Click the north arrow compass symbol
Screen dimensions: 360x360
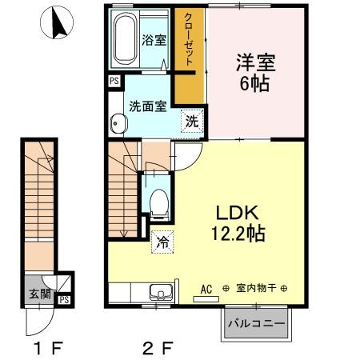pyautogui.click(x=56, y=25)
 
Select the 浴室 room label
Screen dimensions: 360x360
pyautogui.click(x=154, y=38)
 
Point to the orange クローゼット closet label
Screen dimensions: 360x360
pyautogui.click(x=187, y=34)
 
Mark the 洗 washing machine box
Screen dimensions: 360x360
pyautogui.click(x=192, y=122)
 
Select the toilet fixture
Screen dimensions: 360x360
pyautogui.click(x=158, y=201)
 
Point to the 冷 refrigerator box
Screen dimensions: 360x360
pyautogui.click(x=162, y=238)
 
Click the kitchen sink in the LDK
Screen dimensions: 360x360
pyautogui.click(x=161, y=291)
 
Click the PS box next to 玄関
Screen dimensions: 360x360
pyautogui.click(x=63, y=301)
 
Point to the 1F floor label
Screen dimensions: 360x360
pyautogui.click(x=44, y=349)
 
